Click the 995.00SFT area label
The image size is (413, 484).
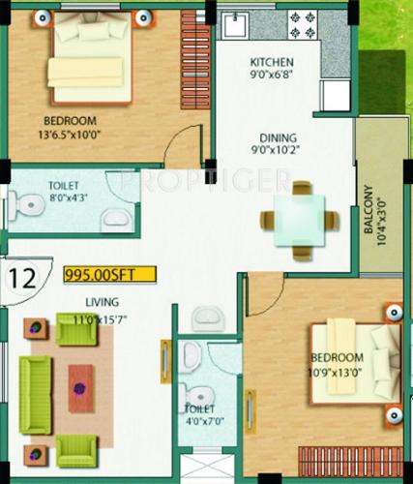click(107, 274)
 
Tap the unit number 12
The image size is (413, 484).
click(23, 280)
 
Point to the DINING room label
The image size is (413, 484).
click(277, 137)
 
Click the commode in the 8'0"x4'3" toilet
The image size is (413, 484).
click(20, 205)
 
